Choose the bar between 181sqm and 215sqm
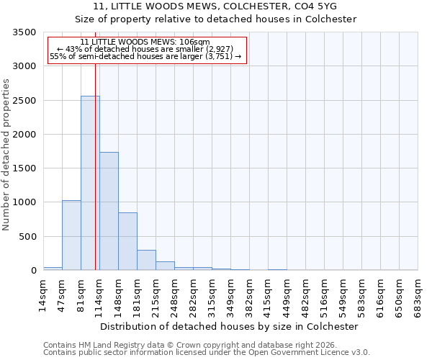coord(146,260)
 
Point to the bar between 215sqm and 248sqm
coord(165,266)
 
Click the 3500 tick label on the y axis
coord(24,32)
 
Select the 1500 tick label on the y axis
coord(24,168)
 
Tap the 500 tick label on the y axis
coord(27,236)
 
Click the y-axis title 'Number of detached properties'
coord(6,154)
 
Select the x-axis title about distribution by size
coord(229,326)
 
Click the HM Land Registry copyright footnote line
coord(189,345)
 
